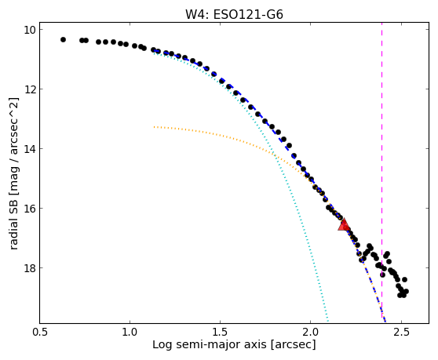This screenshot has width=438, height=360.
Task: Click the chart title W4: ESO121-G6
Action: click(234, 14)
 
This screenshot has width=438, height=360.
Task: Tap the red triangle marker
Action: click(343, 224)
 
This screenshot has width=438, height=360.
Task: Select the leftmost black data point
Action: click(63, 40)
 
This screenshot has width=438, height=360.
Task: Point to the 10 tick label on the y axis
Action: click(29, 30)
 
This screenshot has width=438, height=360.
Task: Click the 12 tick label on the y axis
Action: click(29, 89)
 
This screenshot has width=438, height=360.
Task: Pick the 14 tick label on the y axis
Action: click(29, 149)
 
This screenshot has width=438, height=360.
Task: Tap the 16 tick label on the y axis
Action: click(29, 209)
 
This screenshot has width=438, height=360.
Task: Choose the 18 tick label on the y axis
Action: click(29, 268)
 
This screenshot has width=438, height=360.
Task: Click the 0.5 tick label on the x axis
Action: click(40, 333)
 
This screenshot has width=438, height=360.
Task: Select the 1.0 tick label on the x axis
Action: click(130, 333)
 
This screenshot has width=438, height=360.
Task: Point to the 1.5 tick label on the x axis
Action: click(221, 333)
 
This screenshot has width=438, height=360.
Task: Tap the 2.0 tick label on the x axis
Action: click(311, 333)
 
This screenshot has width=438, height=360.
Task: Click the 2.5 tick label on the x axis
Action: click(401, 333)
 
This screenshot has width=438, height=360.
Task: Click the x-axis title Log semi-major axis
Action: click(210, 344)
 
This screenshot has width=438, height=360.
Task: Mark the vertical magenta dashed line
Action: click(381, 173)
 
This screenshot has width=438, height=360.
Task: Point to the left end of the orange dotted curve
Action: click(154, 127)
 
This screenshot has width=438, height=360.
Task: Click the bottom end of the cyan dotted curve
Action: click(327, 321)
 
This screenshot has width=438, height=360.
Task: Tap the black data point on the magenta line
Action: click(382, 275)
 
